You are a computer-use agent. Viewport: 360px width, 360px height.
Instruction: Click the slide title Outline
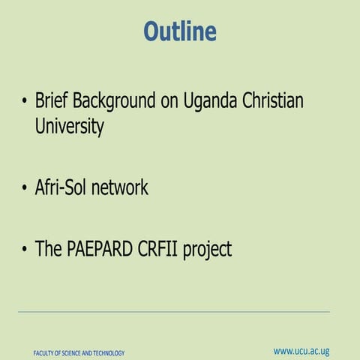(x=180, y=31)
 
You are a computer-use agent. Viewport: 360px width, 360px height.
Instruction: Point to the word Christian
(x=275, y=101)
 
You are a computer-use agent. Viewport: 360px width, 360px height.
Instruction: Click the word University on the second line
(x=69, y=127)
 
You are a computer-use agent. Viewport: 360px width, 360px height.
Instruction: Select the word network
(x=120, y=187)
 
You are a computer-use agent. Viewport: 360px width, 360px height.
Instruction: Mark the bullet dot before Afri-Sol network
(x=25, y=188)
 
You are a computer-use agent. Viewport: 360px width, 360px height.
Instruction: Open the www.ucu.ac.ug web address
(x=301, y=351)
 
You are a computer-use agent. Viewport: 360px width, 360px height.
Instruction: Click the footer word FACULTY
(x=46, y=353)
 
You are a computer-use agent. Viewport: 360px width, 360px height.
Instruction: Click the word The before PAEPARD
(x=48, y=249)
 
